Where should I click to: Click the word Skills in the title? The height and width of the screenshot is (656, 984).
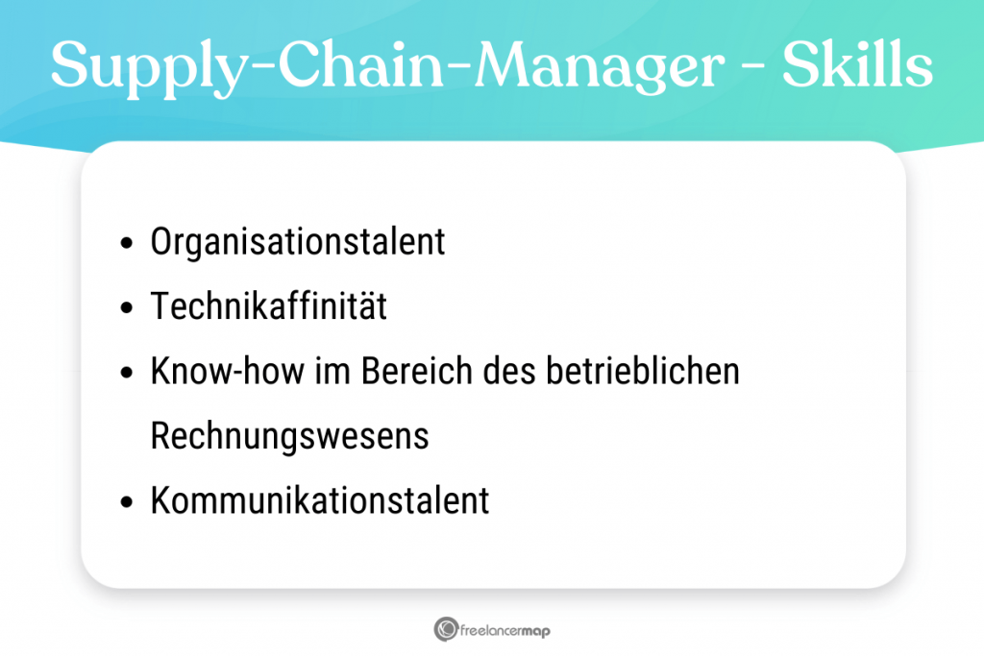857,64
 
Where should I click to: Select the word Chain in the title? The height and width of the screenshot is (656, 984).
361,64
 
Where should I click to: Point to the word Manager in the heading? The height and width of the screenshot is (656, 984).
599,68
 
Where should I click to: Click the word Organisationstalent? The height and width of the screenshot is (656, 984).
298,242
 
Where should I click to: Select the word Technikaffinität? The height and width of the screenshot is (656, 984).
269,305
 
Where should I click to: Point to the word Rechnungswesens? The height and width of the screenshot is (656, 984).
289,436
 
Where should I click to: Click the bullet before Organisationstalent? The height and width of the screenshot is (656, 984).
127,243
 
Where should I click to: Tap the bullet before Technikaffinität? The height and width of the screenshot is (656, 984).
127,307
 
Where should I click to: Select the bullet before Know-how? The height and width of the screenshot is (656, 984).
127,372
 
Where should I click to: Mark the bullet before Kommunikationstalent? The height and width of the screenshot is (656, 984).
127,501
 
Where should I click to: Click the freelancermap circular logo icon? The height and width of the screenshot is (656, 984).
446,629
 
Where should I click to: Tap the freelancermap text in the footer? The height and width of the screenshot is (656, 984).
505,630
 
